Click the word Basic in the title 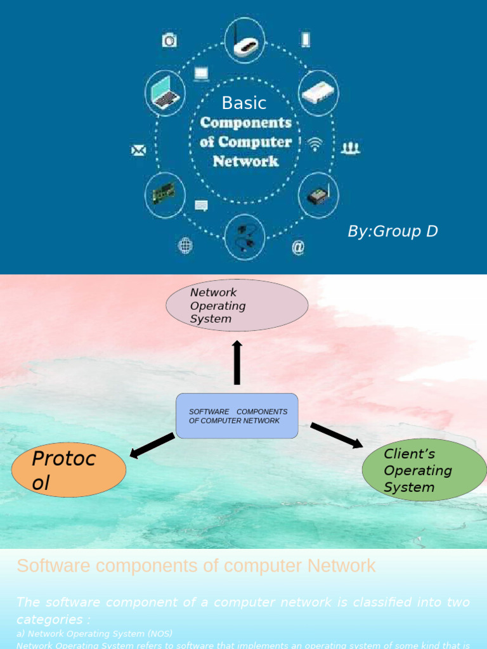coord(244,103)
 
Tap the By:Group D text coord(393,231)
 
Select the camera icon coord(169,41)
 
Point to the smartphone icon coord(306,40)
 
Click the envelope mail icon coord(138,150)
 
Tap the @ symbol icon coord(298,247)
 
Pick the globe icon coord(185,246)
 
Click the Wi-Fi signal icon coord(315,144)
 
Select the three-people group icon coord(351,148)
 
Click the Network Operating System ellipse coord(237,305)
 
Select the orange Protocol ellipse coord(69,470)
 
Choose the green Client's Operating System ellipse coord(424,470)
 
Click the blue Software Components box coord(237,416)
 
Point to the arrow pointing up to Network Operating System coord(237,362)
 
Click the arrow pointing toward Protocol coord(152,445)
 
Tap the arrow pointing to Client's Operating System coord(337,435)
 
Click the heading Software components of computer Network coord(196,565)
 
